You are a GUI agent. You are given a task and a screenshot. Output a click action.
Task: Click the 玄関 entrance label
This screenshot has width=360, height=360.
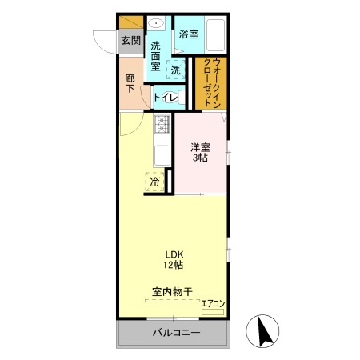pyautogui.click(x=130, y=41)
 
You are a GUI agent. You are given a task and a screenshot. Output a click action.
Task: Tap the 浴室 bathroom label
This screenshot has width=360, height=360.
pyautogui.click(x=189, y=34)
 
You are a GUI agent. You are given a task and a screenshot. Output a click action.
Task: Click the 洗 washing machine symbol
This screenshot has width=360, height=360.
pyautogui.click(x=174, y=71)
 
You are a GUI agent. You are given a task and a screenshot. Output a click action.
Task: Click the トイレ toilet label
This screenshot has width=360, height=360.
pyautogui.click(x=167, y=97)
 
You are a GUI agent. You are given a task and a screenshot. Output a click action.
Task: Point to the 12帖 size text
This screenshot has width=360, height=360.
pyautogui.click(x=174, y=265)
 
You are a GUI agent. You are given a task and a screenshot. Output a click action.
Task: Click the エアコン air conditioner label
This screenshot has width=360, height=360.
pyautogui.click(x=213, y=303)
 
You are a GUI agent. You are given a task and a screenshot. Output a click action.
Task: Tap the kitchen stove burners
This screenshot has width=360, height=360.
pyautogui.click(x=162, y=125)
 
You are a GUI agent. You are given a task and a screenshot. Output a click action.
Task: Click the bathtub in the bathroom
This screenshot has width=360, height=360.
pyautogui.click(x=212, y=35)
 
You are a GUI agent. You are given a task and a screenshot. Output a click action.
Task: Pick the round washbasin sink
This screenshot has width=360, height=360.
pyautogui.click(x=157, y=23)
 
